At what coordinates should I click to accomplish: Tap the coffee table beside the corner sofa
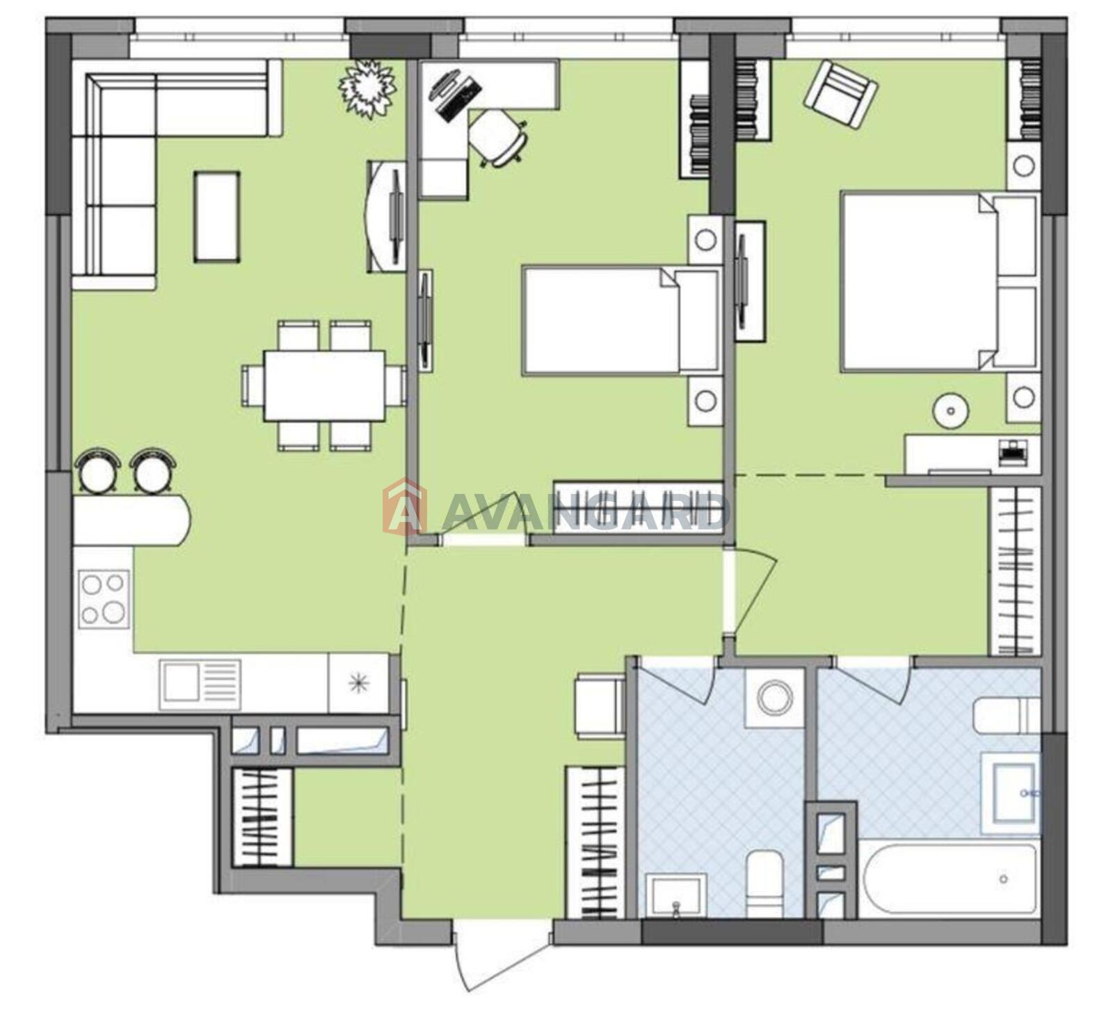217,217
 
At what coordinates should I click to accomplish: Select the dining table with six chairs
324,385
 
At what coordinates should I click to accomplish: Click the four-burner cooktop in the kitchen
104,599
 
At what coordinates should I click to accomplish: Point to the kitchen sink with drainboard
200,685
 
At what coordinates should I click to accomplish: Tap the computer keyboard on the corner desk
461,98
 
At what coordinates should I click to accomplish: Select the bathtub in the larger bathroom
950,879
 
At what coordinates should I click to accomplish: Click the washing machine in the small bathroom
775,697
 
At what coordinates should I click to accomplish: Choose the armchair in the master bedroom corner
840,95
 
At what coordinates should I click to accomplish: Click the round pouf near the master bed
950,410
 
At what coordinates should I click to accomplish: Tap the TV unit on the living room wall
387,216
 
